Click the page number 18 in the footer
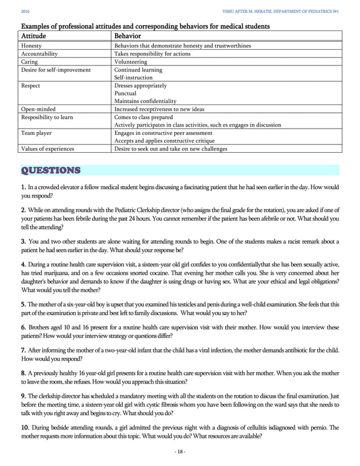coord(180,451)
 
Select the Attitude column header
coord(33,36)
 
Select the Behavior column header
coord(128,36)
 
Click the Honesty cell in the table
coord(30,46)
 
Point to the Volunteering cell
coord(130,61)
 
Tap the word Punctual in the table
coord(125,93)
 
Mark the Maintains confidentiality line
coord(145,101)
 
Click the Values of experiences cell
coord(47,149)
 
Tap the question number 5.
coord(23,304)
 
